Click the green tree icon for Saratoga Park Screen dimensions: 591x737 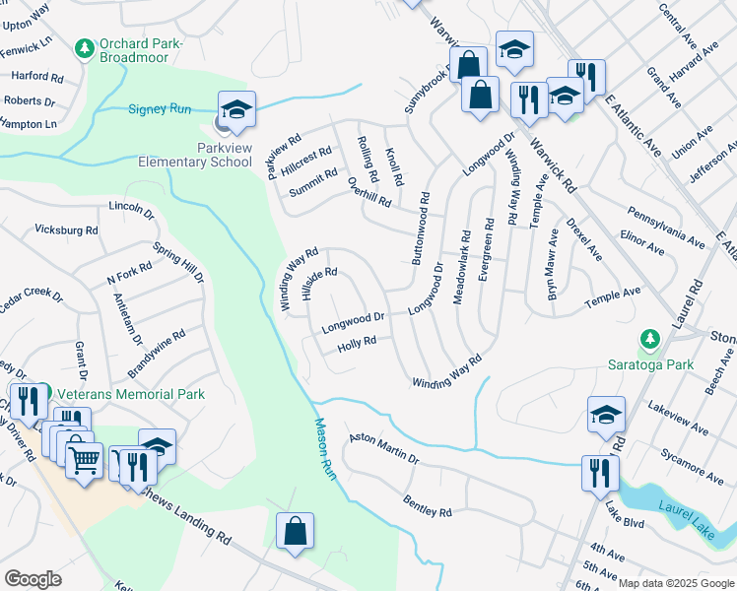pos(648,340)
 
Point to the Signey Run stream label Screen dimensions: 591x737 pos(159,108)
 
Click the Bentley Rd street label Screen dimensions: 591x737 pos(427,506)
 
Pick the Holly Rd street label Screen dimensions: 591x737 pos(357,344)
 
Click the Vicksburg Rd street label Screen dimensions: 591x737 pos(66,230)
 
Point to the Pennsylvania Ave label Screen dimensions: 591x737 pos(666,226)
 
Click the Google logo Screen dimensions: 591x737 pos(33,579)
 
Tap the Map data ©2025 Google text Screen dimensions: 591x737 pos(676,583)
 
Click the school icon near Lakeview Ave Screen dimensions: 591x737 pos(606,415)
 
